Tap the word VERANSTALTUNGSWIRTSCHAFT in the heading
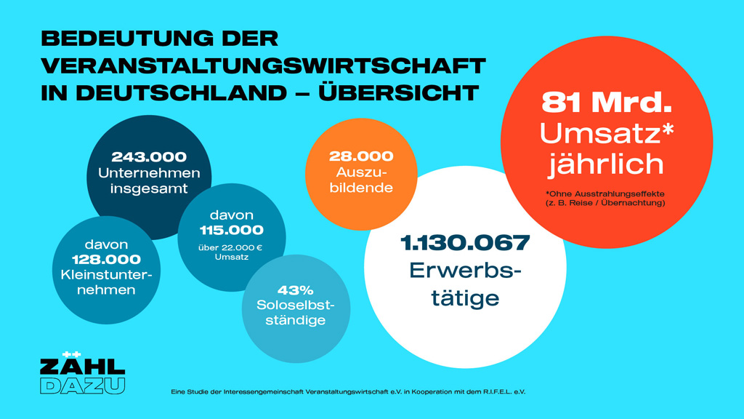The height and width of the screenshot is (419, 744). [x=263, y=66]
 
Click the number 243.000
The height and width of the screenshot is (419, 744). [x=149, y=156]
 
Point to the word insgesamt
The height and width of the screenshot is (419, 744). [x=149, y=188]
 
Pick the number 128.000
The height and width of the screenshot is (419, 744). [x=106, y=260]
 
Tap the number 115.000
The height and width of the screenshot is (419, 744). [x=232, y=231]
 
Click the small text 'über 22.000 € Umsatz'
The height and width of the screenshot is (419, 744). [x=232, y=252]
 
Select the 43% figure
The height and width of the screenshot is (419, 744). [x=294, y=290]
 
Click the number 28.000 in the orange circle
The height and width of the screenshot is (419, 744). [x=361, y=156]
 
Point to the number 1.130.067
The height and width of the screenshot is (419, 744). [x=465, y=244]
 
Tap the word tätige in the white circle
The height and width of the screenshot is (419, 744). [x=465, y=298]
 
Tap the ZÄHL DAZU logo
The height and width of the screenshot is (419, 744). [x=82, y=374]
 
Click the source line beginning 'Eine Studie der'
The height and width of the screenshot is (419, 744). [x=347, y=392]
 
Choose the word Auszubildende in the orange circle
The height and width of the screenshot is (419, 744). [x=361, y=180]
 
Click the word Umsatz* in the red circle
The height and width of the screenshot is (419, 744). [x=607, y=132]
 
